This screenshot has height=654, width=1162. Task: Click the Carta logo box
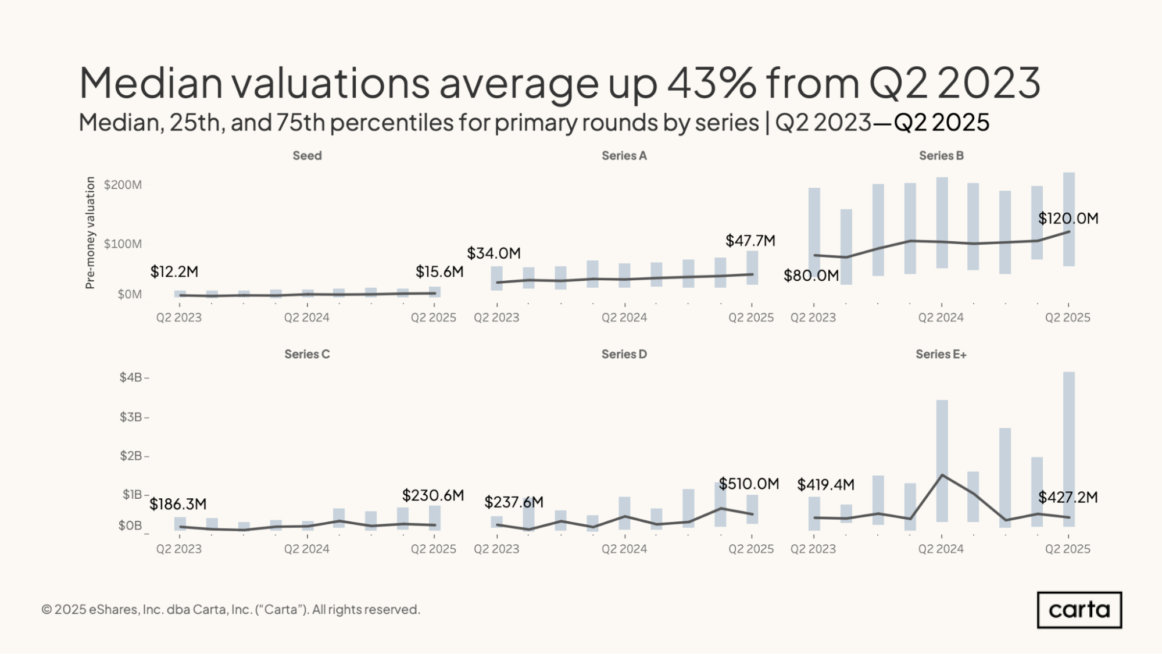click(1079, 610)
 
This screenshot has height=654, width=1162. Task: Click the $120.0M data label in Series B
click(1068, 219)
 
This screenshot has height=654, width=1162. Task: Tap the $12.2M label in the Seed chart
click(174, 271)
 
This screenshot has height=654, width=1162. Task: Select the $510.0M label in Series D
click(749, 484)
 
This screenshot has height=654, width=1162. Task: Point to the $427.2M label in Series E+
click(1068, 498)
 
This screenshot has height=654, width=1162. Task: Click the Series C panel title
click(307, 354)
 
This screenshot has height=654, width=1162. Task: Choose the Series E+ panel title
click(941, 354)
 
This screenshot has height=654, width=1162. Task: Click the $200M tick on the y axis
click(123, 185)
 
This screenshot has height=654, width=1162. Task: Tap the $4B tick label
click(131, 377)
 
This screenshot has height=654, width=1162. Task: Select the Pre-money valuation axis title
click(90, 233)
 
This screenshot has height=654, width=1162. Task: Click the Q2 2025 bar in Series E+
click(1068, 449)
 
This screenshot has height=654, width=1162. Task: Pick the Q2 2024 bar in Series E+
click(942, 461)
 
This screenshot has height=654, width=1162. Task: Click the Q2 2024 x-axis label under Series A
click(624, 318)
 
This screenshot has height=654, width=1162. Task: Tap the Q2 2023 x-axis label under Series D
click(496, 549)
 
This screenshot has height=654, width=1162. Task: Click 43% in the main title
click(711, 82)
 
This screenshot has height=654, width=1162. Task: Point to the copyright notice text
click(231, 609)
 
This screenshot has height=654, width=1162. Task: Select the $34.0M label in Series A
click(494, 253)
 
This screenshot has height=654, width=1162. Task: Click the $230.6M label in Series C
click(433, 495)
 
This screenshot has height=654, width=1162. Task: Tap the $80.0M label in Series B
click(811, 276)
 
